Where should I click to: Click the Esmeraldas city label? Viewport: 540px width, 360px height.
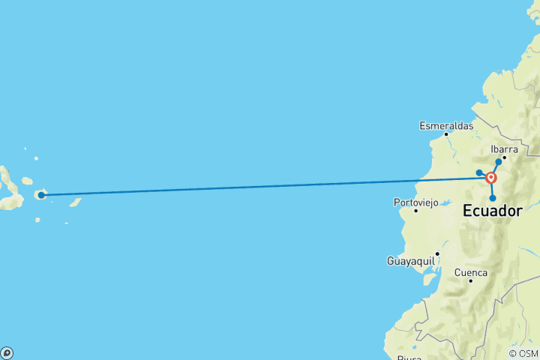(446, 125)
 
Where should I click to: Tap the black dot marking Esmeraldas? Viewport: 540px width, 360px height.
(446, 134)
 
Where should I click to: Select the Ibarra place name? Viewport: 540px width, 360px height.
(504, 148)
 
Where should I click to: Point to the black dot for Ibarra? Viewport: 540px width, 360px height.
(505, 157)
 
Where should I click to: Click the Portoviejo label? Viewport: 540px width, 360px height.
(415, 202)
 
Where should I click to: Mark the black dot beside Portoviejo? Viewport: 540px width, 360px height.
(415, 211)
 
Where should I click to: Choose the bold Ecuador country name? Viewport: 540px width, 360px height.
(492, 212)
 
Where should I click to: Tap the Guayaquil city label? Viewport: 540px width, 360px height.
(411, 260)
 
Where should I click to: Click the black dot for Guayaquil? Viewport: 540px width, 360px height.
(437, 253)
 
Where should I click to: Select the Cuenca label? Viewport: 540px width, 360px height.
(471, 272)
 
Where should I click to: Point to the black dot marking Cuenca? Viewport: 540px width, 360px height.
(470, 281)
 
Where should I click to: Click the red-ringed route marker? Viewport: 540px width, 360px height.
(491, 178)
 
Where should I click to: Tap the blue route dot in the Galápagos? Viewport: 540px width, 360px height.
(42, 195)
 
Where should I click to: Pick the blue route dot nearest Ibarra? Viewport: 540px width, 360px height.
(499, 161)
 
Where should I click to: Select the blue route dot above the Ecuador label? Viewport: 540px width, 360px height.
(493, 198)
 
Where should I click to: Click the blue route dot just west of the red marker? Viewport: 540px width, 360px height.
(479, 173)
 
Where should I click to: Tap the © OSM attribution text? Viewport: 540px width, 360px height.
(523, 353)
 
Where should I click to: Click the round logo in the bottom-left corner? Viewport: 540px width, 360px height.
(6, 352)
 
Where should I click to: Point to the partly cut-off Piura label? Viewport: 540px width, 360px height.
(409, 357)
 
